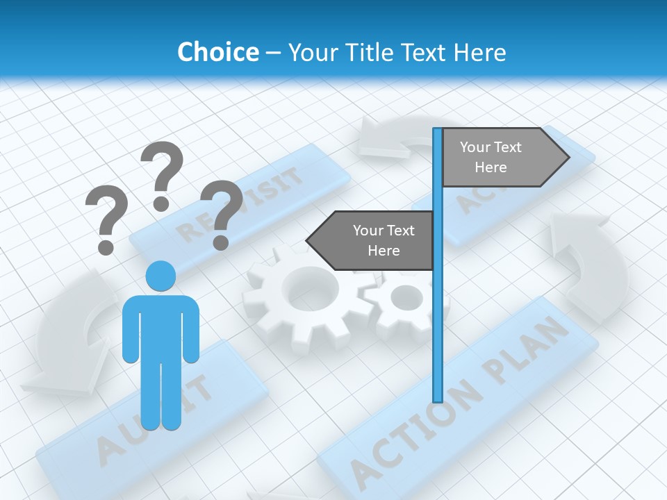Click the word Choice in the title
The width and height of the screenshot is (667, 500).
pos(217,52)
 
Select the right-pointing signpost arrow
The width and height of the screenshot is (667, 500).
pos(504,158)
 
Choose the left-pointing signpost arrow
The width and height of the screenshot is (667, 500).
pos(371,240)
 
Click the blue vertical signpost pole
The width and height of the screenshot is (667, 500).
pos(438,312)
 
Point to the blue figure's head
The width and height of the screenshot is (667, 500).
pos(160,276)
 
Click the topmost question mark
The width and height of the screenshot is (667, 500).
pos(162,174)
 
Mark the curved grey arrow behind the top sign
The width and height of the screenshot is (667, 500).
pos(396,135)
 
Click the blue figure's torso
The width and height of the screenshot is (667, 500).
pos(160,326)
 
